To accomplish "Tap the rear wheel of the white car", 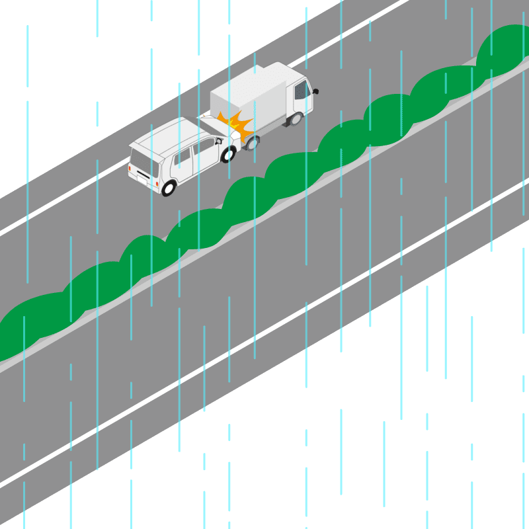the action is pos(169,188).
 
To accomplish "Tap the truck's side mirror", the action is pos(315,91).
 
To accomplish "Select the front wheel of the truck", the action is pos(296,119).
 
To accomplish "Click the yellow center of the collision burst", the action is pos(233,123).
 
